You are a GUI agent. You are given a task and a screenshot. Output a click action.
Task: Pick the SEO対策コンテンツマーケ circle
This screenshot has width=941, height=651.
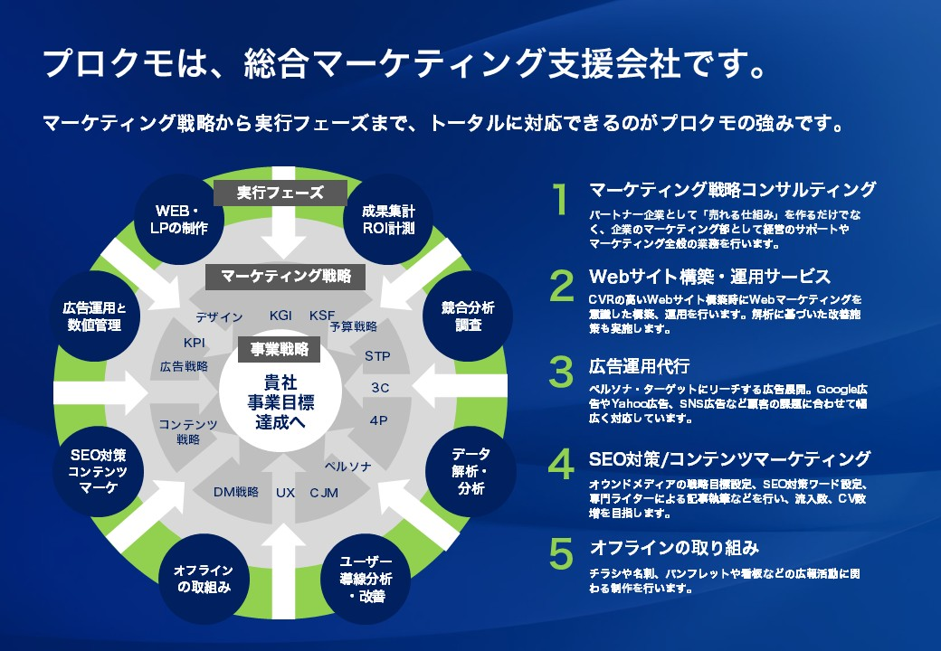(x=98, y=471)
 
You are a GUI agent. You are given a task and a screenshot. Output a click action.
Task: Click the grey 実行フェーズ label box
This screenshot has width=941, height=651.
(x=280, y=193)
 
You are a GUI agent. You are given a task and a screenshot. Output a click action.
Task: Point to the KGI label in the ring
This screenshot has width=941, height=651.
(x=280, y=316)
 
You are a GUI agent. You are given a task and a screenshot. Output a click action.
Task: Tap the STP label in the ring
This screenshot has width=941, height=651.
(x=377, y=356)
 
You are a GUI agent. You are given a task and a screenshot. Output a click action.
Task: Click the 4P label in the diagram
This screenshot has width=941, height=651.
(x=379, y=420)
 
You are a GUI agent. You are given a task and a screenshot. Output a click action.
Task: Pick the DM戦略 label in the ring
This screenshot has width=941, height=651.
(x=236, y=492)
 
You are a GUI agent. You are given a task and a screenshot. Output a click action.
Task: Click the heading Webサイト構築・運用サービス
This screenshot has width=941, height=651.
(x=709, y=276)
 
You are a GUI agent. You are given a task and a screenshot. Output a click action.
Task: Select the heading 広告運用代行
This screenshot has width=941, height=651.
(x=639, y=366)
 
